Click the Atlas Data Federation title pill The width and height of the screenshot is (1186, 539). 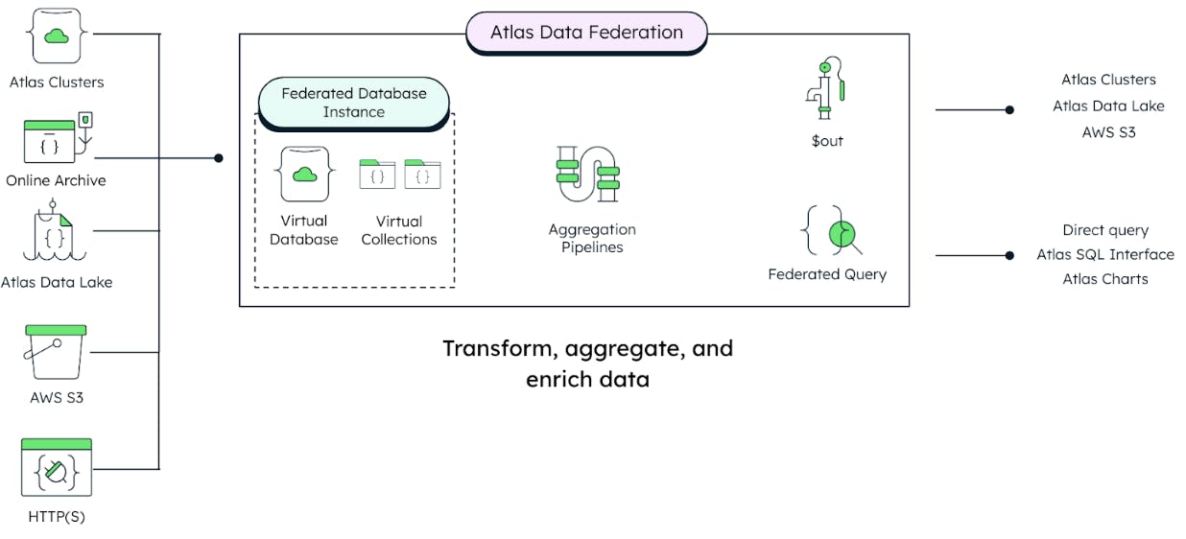click(586, 32)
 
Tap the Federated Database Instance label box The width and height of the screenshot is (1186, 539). click(353, 103)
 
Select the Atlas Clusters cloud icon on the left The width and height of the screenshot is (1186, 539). click(57, 36)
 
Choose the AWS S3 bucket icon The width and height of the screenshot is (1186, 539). click(57, 352)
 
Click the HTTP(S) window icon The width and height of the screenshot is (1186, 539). click(57, 467)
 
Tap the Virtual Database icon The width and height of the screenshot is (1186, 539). click(303, 174)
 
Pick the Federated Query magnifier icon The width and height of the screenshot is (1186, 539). click(832, 231)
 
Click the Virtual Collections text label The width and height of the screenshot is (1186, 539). click(399, 230)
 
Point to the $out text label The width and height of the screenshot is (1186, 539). click(826, 141)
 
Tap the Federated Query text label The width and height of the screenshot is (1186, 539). click(827, 274)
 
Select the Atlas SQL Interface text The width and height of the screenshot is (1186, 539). click(1104, 254)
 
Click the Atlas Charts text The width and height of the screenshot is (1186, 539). click(1104, 279)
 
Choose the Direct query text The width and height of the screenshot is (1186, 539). click(1104, 230)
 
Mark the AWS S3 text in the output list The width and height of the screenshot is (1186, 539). click(1108, 132)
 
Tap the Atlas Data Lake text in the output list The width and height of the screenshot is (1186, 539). click(1108, 105)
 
